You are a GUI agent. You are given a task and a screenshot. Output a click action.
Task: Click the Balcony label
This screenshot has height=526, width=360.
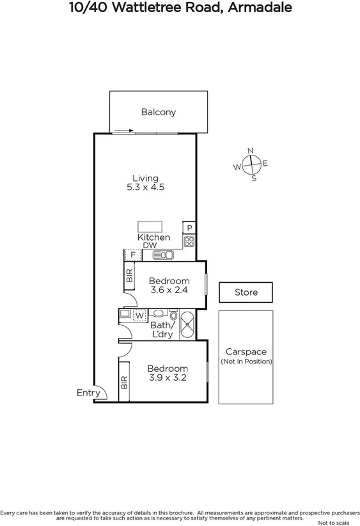(x=158, y=112)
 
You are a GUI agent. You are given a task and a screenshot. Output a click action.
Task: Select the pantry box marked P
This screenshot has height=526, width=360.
(x=189, y=228)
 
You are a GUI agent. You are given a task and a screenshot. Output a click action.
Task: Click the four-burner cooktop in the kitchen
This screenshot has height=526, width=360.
(x=189, y=241)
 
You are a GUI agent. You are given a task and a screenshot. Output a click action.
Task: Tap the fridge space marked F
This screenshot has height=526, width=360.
(x=132, y=255)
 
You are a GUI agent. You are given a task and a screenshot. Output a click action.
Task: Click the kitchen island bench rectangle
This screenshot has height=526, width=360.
(x=150, y=227)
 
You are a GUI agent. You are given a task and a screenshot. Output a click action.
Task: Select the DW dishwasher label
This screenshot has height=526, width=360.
(x=150, y=246)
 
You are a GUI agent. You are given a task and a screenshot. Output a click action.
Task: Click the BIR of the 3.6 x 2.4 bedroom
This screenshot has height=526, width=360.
(x=129, y=276)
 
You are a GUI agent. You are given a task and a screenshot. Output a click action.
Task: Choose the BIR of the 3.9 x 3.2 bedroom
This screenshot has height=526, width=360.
(x=124, y=382)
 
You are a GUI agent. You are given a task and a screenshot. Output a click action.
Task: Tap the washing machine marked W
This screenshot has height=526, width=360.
(x=139, y=315)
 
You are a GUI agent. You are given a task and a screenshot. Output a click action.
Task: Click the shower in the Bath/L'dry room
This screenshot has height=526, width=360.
(x=187, y=324)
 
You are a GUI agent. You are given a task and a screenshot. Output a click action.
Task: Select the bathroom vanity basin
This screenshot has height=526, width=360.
(x=125, y=314)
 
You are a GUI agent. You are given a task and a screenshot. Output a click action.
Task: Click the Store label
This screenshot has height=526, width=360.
(x=246, y=292)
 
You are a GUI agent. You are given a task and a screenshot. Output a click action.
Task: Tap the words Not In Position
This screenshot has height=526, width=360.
(x=246, y=362)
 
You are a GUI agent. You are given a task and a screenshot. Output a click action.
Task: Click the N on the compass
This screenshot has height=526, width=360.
(x=251, y=150)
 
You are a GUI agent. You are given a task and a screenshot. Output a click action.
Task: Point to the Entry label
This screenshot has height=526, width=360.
(x=88, y=393)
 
